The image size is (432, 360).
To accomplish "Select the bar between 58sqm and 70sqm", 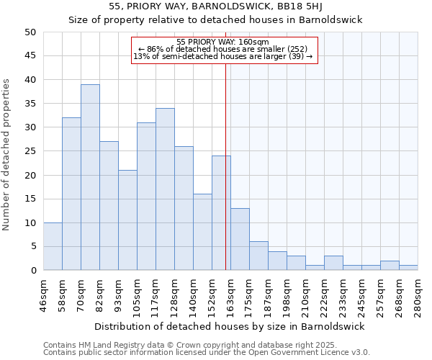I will (71, 194).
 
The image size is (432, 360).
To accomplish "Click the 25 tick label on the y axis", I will (30, 151).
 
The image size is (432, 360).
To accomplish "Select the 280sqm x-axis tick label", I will (418, 294).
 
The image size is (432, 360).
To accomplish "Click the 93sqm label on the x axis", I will (119, 294).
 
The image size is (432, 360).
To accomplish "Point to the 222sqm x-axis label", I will (325, 294).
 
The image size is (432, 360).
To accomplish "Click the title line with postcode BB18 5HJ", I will (215, 6).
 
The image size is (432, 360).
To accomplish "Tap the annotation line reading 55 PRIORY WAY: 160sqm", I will (222, 42).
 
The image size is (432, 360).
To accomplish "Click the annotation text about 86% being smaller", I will (222, 49).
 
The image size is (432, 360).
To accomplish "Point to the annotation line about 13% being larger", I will (222, 56).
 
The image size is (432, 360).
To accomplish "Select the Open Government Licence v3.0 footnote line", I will (207, 352).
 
